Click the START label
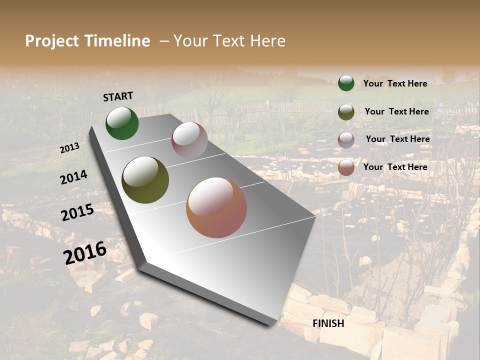point(118,96)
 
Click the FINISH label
point(328,323)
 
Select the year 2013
point(70,148)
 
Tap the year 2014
point(73,177)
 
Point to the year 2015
point(77,212)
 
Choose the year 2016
point(85,252)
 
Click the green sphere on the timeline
point(122,123)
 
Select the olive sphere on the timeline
point(145,180)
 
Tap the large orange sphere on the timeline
point(216,207)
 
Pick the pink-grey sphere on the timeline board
point(189,139)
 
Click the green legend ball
point(346,83)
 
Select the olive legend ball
point(346,112)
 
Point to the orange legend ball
point(346,167)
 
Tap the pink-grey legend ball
point(346,140)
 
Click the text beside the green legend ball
point(395,83)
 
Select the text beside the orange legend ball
point(395,167)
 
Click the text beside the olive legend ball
point(396,111)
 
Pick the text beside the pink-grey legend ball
point(397,139)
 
